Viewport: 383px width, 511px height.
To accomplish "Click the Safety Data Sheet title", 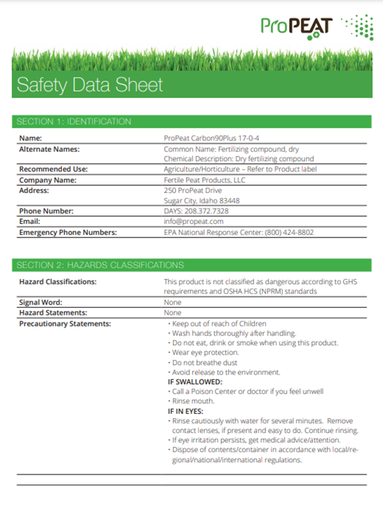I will coord(89,84).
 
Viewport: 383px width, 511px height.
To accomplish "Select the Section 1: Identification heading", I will coord(74,121).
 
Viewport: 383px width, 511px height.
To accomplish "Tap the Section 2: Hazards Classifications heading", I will coord(100,264).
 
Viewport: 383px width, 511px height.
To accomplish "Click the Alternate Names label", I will coord(49,148).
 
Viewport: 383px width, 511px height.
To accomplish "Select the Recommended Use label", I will coord(53,169).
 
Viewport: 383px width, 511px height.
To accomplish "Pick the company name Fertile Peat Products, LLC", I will coord(204,179).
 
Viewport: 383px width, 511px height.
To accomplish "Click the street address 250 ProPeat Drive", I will coord(192,190).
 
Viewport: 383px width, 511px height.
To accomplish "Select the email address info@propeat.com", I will coord(193,221).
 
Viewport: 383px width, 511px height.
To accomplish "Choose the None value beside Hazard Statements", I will coord(172,313).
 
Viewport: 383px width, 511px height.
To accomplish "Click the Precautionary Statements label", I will coord(65,324).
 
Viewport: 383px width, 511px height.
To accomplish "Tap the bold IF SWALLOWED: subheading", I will coord(195,381).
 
